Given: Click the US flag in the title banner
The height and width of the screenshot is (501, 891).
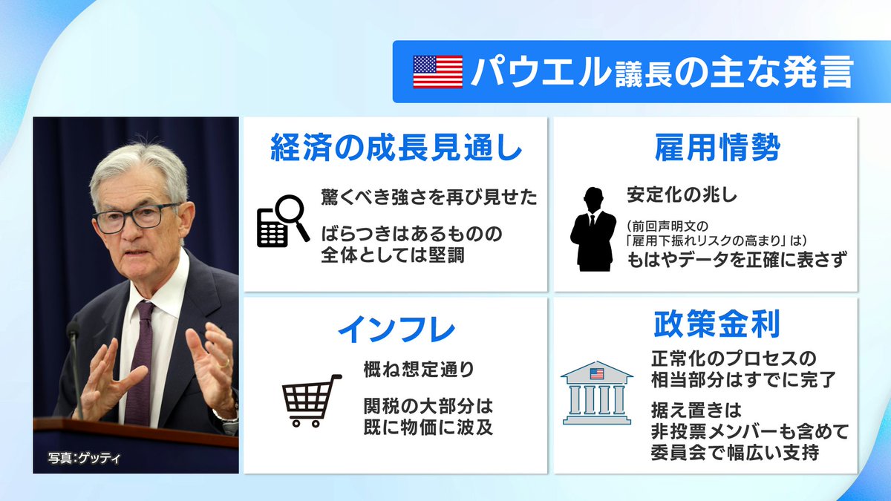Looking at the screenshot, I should [437, 72].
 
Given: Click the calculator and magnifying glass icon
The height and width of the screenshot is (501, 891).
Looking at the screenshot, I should [282, 220].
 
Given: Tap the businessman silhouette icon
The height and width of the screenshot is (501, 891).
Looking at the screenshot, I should [593, 229].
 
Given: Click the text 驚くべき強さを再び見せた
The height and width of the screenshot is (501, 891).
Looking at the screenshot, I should [429, 197].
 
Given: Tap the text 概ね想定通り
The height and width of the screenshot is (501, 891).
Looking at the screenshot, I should [419, 368].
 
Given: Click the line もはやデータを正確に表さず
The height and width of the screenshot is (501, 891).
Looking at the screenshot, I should [737, 261].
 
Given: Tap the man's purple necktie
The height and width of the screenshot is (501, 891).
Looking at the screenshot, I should [140, 364].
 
